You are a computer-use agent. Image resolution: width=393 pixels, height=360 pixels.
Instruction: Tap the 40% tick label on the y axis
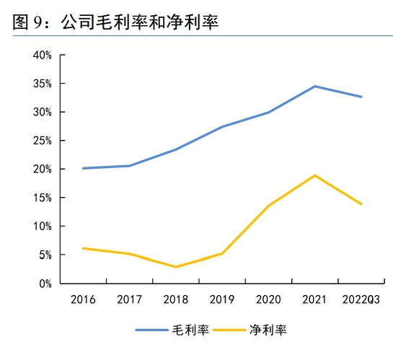tap(41, 55)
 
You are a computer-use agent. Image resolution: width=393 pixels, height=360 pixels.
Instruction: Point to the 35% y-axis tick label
tap(41, 84)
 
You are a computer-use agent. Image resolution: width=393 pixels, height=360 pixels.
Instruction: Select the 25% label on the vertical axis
tap(41, 141)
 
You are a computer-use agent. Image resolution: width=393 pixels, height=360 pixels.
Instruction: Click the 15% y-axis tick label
tap(41, 198)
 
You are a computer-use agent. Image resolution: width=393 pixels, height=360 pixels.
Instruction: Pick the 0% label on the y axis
tap(44, 284)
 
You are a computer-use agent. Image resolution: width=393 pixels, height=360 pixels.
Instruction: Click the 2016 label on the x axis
tap(83, 299)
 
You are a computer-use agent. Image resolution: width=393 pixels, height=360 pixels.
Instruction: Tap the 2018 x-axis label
tap(175, 299)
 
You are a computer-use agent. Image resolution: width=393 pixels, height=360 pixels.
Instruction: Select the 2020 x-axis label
tap(268, 299)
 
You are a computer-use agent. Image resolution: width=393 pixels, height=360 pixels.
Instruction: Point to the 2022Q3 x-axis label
tap(361, 299)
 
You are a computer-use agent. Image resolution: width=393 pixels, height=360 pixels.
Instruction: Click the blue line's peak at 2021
tap(315, 87)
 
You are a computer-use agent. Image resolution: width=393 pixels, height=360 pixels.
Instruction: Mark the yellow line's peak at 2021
tap(315, 175)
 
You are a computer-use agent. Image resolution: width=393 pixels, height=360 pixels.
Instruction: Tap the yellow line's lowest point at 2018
tap(175, 267)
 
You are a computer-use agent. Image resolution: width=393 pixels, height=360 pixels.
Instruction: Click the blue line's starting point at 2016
tap(83, 168)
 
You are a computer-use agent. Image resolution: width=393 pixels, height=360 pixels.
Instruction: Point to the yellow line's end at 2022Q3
tap(361, 204)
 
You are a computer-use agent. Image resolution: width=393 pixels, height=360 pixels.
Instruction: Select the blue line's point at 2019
tap(222, 127)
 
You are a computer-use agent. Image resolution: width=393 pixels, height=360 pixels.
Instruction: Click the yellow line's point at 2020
tap(268, 206)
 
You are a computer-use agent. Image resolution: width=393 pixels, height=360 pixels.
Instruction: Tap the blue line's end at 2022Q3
tap(361, 97)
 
